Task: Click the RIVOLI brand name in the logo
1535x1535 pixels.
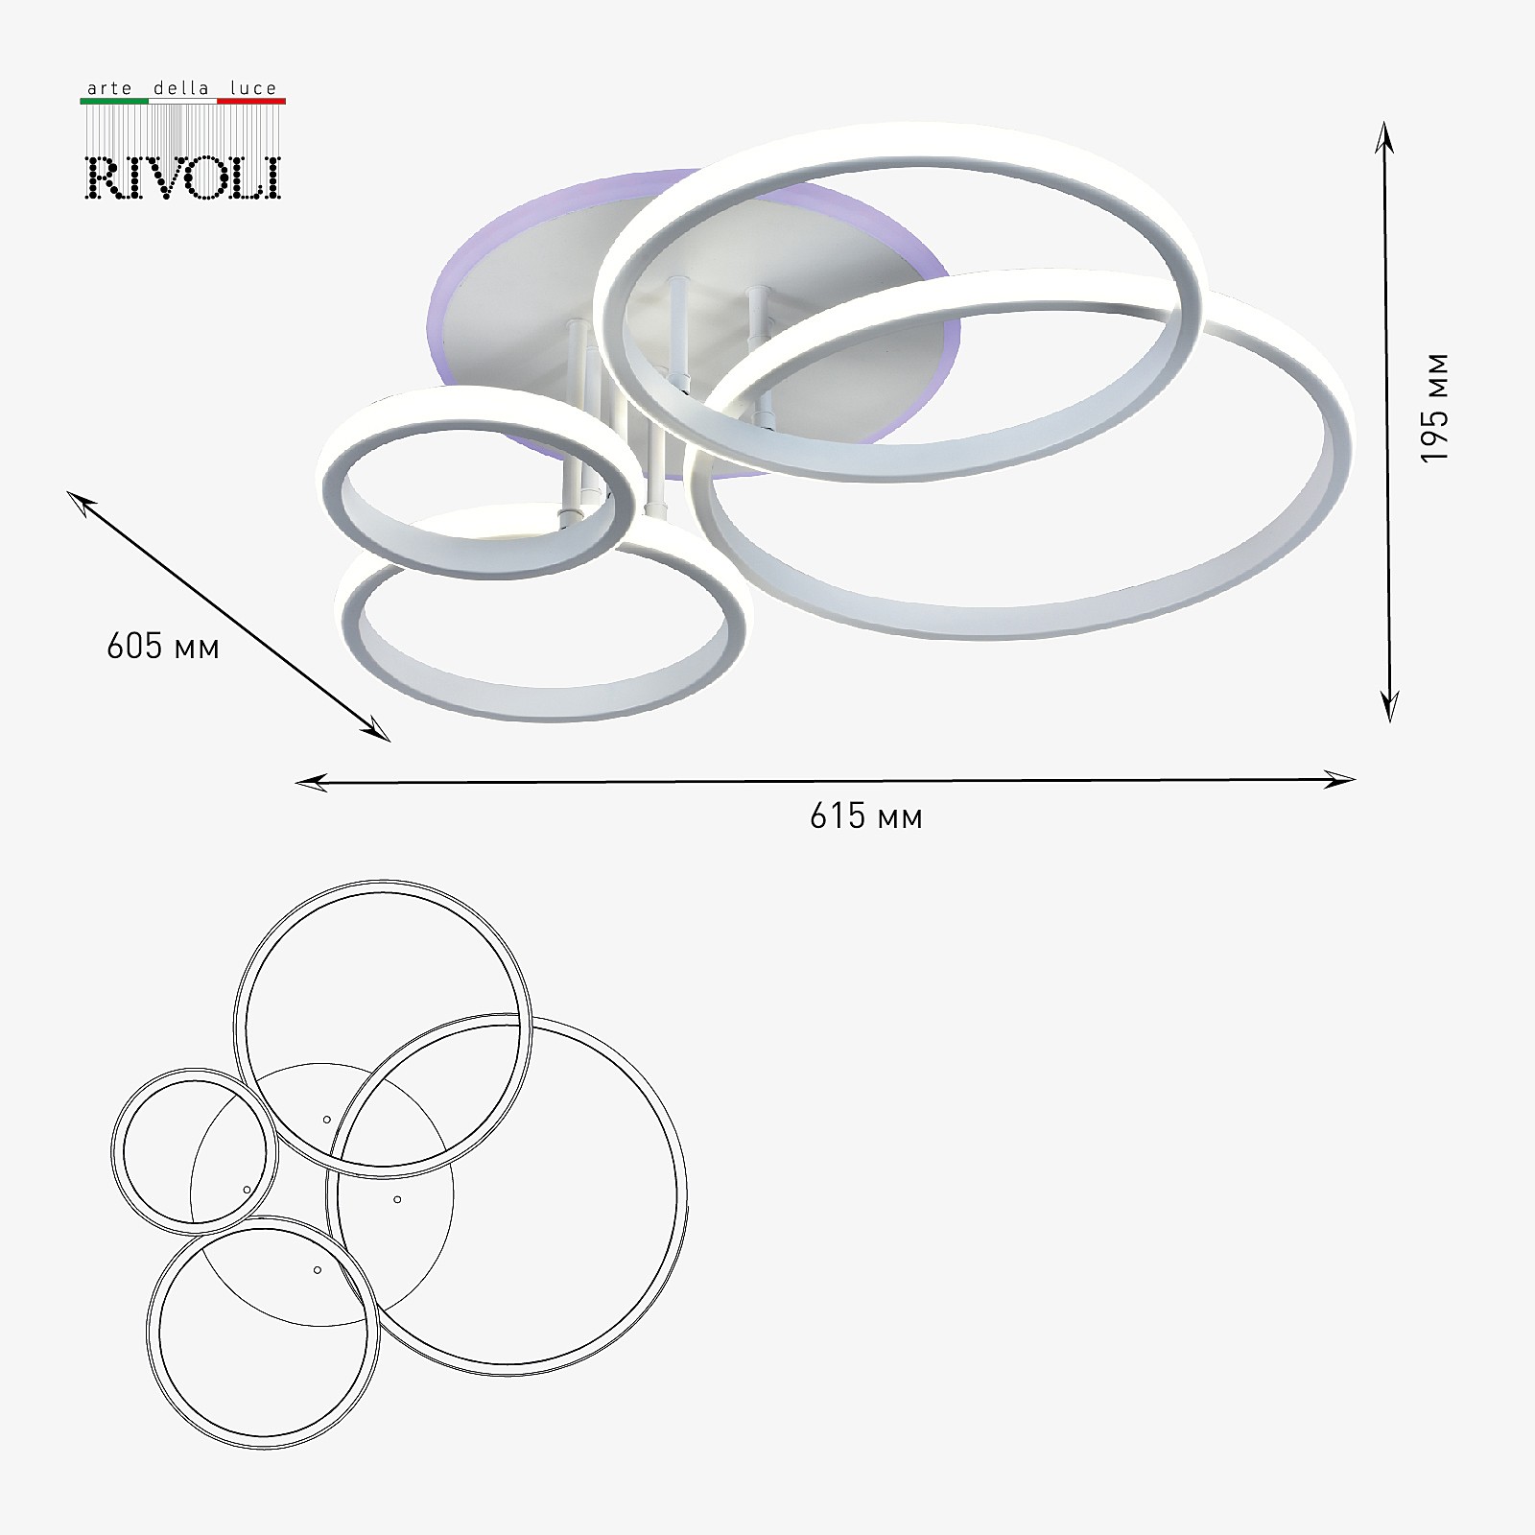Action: [x=183, y=177]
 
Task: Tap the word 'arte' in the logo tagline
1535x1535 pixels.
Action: [x=109, y=88]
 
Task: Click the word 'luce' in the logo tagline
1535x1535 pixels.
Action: [x=253, y=88]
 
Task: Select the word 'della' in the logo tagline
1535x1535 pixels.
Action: [x=181, y=88]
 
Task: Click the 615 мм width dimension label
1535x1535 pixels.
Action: [x=866, y=816]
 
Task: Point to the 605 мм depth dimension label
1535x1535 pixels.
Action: [x=163, y=646]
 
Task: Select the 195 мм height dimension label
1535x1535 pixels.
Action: [x=1434, y=409]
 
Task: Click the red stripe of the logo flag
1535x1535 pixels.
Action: [x=251, y=100]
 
